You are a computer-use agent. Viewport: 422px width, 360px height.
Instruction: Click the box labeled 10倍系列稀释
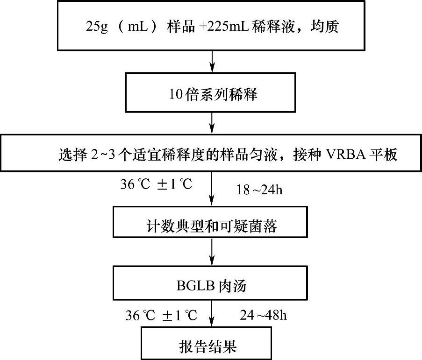coord(213,95)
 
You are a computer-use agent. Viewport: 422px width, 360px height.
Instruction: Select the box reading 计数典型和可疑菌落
coord(213,226)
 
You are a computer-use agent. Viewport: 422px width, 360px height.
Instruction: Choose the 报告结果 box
coord(213,346)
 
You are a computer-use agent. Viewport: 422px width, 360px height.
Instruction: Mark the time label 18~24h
coord(259,190)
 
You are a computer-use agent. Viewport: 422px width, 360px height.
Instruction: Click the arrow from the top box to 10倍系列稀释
coord(213,61)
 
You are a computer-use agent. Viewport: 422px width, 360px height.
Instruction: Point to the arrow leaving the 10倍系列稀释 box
coord(213,122)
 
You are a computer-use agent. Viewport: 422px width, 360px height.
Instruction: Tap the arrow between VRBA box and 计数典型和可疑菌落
coord(213,189)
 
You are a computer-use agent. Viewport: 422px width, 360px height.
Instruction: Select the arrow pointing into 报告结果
coord(213,315)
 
